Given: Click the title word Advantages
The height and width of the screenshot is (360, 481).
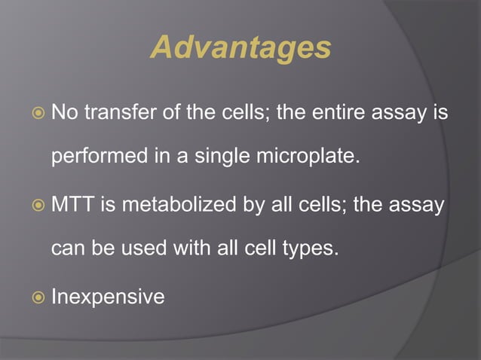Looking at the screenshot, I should [x=240, y=48].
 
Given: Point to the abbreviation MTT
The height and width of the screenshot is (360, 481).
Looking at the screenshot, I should [x=72, y=205].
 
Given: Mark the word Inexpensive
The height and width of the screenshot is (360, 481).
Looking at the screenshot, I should [x=107, y=297].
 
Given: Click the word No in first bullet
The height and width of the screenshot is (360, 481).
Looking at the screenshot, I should [x=63, y=113].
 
